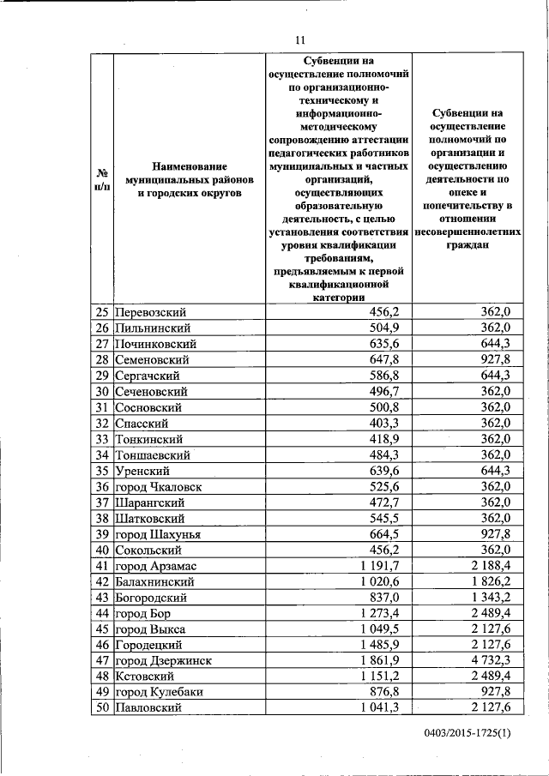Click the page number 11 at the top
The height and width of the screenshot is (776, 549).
(299, 39)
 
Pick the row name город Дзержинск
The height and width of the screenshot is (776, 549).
(163, 660)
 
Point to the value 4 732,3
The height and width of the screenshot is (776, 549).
(490, 660)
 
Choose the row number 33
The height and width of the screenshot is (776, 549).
(100, 438)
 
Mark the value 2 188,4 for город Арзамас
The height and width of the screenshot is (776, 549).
(490, 565)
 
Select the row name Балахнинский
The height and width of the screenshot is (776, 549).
(156, 581)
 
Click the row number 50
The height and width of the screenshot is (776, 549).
(100, 708)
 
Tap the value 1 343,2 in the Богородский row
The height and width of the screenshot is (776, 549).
(490, 597)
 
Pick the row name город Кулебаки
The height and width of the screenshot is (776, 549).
(159, 692)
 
